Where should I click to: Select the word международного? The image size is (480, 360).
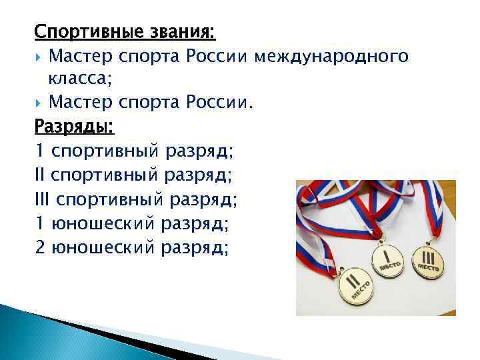click(x=331, y=55)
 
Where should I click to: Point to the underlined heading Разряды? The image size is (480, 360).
click(x=74, y=127)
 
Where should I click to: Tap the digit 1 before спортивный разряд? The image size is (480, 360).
click(x=39, y=151)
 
